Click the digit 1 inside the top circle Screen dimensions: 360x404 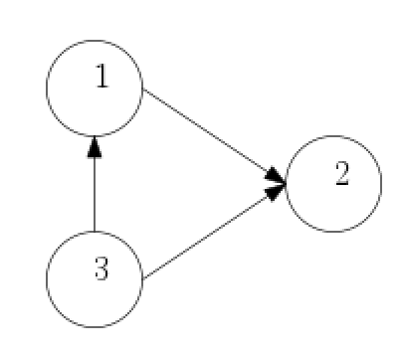click(x=101, y=78)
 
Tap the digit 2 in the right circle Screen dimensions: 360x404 click(x=341, y=175)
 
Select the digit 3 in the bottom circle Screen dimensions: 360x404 click(x=101, y=268)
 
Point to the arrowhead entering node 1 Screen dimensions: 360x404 click(x=95, y=147)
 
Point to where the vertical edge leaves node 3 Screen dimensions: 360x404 click(x=95, y=231)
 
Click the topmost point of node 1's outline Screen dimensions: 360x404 click(x=95, y=40)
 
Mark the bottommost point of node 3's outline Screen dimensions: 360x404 click(x=95, y=327)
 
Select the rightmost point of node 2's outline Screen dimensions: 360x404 click(x=381, y=185)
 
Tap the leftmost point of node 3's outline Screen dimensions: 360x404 click(x=47, y=279)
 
